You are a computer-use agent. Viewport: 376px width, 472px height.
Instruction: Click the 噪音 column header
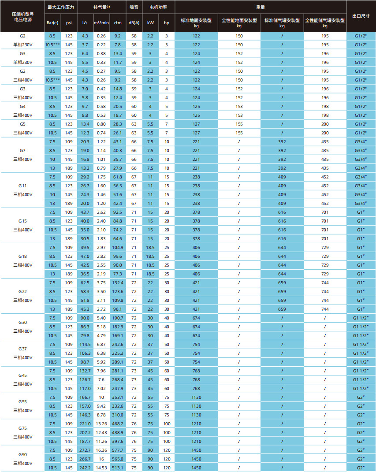pos(134,7)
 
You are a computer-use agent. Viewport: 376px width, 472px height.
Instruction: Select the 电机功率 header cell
pos(159,7)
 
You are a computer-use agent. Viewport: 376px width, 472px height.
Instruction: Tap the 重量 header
pos(261,7)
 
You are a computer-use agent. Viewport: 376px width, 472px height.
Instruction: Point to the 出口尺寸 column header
pos(361,15)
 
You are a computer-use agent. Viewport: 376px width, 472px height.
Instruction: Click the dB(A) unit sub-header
pos(134,22)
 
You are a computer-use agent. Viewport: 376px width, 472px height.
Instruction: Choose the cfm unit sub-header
pos(118,22)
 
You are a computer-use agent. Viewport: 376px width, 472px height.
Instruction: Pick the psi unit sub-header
pos(69,22)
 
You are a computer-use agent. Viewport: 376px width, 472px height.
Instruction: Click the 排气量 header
pos(101,7)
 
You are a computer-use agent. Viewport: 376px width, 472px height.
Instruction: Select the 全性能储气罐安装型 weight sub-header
pos(325,22)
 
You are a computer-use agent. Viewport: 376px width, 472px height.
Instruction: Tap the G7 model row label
pos(22,151)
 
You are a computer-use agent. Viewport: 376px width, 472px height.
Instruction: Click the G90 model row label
pos(22,454)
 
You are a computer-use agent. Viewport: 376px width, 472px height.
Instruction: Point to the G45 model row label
pos(22,375)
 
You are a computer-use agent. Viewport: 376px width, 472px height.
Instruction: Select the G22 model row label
pos(22,292)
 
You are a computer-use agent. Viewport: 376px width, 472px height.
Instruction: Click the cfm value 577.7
pos(118,450)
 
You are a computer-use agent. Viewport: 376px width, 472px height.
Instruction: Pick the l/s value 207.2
pos(85,432)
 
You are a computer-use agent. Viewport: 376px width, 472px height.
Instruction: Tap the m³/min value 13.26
pos(101,424)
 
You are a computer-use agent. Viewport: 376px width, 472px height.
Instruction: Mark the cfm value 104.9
pos(118,247)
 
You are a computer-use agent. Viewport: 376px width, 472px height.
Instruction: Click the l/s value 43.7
pos(85,212)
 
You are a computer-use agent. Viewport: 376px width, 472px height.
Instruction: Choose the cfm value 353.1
pos(118,397)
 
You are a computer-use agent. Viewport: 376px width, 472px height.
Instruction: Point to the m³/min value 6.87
pos(101,344)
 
